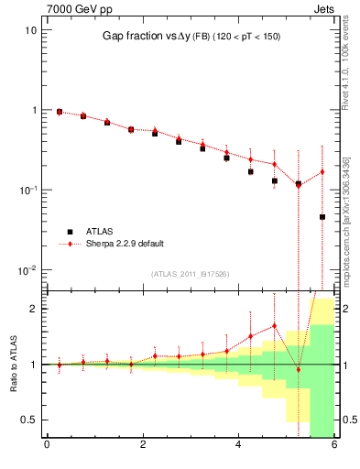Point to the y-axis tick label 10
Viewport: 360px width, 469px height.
click(x=30, y=29)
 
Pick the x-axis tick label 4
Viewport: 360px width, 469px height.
click(x=238, y=446)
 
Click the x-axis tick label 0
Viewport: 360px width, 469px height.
click(x=47, y=446)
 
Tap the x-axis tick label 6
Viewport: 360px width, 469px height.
click(x=334, y=446)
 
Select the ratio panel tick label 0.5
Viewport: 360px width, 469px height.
click(x=29, y=420)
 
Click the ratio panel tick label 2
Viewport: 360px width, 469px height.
click(x=33, y=309)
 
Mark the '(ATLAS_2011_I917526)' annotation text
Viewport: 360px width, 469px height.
click(x=191, y=274)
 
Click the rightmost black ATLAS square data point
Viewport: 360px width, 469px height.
click(x=322, y=217)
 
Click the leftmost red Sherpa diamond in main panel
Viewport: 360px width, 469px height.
click(x=60, y=111)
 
